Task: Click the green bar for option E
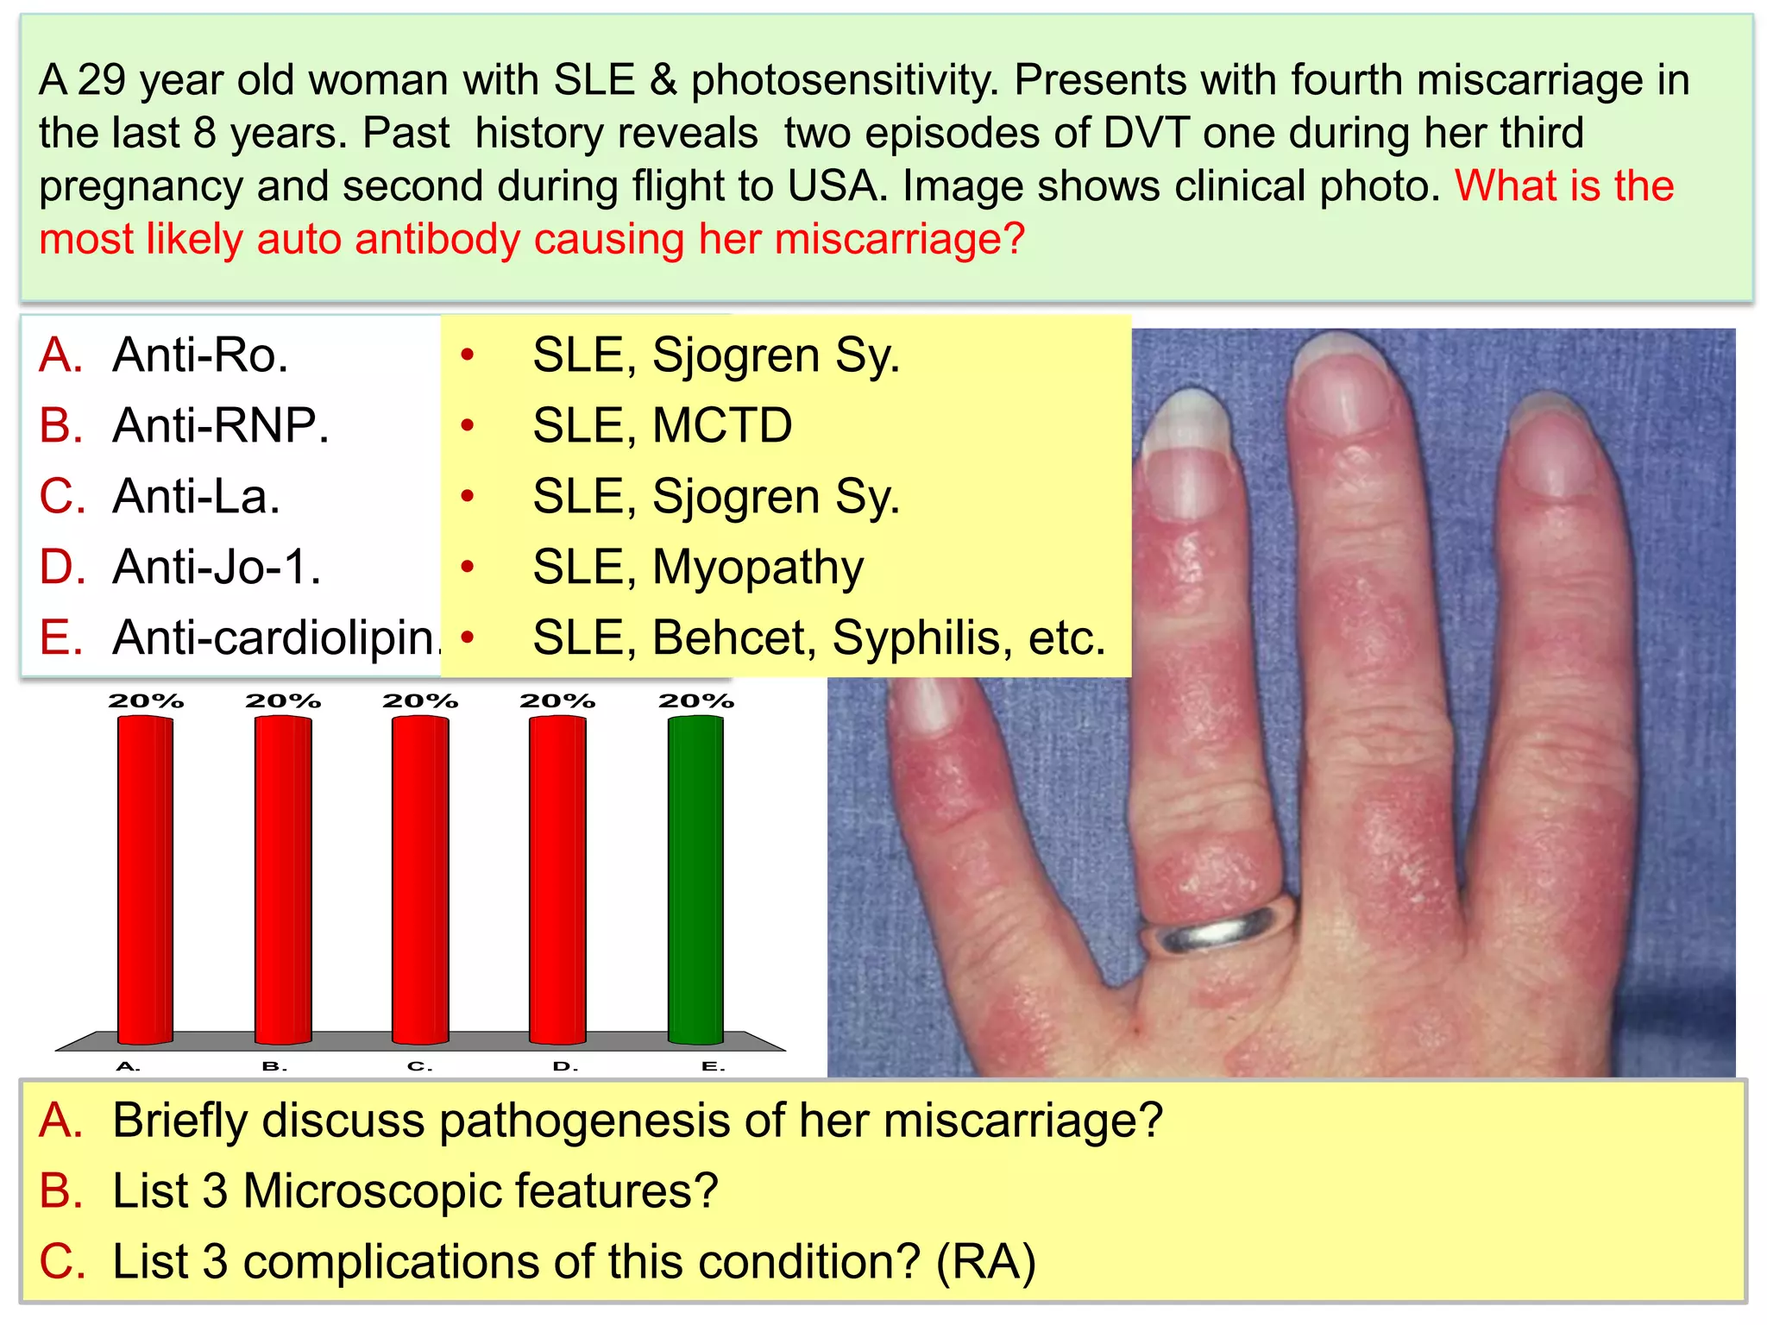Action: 695,880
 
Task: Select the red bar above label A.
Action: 145,880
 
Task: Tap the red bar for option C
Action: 420,880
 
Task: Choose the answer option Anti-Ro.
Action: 200,355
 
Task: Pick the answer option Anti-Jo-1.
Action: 217,567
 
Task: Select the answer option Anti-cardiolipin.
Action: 276,637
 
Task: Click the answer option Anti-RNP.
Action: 220,425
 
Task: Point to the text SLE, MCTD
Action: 662,425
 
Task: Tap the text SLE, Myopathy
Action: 697,567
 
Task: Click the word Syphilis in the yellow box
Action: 922,638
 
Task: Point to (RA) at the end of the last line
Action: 986,1262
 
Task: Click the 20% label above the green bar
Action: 695,700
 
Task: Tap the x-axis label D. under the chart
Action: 565,1066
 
